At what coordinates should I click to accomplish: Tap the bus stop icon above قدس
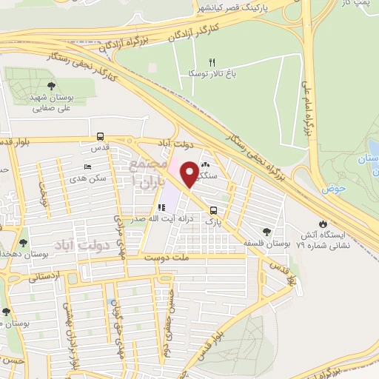[100, 136]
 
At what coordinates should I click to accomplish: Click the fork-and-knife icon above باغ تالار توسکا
[212, 63]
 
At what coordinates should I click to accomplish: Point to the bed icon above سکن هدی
[88, 167]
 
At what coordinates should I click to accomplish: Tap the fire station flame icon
[322, 224]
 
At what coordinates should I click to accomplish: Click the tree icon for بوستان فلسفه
[266, 232]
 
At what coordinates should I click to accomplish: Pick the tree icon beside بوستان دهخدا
[23, 242]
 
